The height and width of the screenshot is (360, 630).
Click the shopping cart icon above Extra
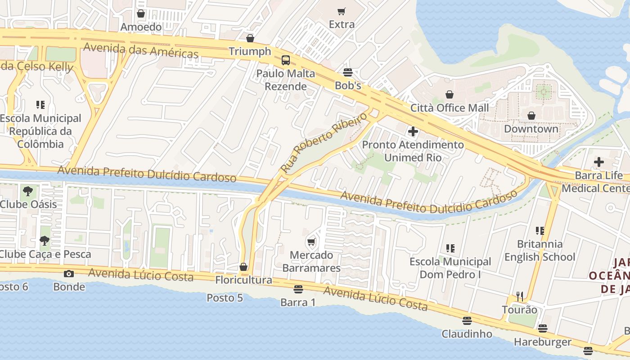click(x=342, y=11)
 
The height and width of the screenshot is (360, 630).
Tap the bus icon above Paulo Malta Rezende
click(x=285, y=60)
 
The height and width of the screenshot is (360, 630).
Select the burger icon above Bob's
click(x=347, y=72)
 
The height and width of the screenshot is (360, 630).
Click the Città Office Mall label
click(x=449, y=108)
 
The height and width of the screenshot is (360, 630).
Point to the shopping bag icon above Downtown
click(x=531, y=116)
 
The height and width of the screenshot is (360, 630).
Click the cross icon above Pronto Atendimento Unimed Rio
click(x=413, y=131)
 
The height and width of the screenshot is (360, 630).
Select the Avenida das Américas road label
click(x=141, y=50)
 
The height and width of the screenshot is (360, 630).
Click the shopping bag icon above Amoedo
click(x=141, y=14)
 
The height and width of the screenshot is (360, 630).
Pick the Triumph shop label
click(x=250, y=51)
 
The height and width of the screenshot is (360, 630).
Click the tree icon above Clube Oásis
click(x=28, y=191)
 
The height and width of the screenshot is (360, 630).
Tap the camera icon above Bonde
click(x=69, y=274)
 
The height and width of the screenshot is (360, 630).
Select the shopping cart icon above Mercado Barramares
click(x=311, y=242)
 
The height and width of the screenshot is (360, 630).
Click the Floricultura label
click(x=243, y=280)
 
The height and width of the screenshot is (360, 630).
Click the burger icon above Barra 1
click(x=298, y=289)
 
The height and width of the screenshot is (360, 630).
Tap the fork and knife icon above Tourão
click(x=520, y=296)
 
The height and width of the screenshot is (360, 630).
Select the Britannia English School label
click(x=540, y=251)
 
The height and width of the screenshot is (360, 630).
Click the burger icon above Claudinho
click(x=467, y=321)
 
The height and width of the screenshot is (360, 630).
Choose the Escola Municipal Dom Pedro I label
click(x=450, y=268)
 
